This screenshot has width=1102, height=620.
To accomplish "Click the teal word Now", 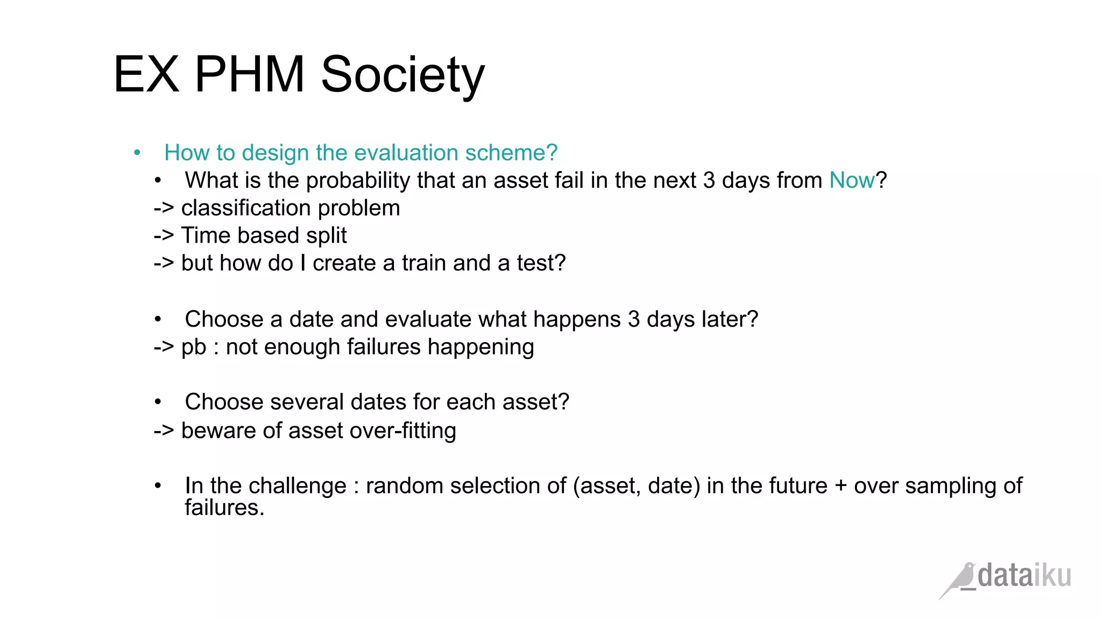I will [852, 180].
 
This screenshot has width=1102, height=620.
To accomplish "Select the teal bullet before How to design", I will [137, 153].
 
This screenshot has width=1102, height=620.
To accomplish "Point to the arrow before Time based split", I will [164, 236].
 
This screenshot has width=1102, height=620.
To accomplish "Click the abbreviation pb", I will [194, 347].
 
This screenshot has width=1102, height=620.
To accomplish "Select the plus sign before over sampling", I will [840, 486].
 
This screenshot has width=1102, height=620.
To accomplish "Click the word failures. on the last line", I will [224, 508].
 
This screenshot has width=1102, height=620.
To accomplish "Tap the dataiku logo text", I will [1024, 576].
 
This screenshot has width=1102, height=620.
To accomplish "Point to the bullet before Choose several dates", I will [158, 402].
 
